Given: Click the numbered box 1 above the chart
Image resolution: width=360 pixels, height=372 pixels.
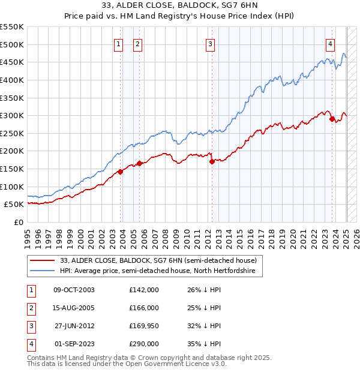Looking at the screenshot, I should click(118, 43).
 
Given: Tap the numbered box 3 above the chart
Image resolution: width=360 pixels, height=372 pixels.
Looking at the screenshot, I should click(211, 43).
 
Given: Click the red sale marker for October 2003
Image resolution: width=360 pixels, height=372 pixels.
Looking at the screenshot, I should click(120, 172).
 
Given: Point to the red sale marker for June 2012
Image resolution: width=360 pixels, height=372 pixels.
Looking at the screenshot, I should click(212, 161).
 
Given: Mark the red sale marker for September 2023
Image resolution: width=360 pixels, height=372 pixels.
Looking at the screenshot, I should click(332, 119).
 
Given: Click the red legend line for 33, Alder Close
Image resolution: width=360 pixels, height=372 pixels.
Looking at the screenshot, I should click(42, 260).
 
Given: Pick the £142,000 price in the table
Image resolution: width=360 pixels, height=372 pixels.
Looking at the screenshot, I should click(144, 290).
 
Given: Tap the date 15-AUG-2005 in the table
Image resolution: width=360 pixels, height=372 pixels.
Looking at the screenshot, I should click(74, 308).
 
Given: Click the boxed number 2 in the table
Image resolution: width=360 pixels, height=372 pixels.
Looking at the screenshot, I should click(30, 308).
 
